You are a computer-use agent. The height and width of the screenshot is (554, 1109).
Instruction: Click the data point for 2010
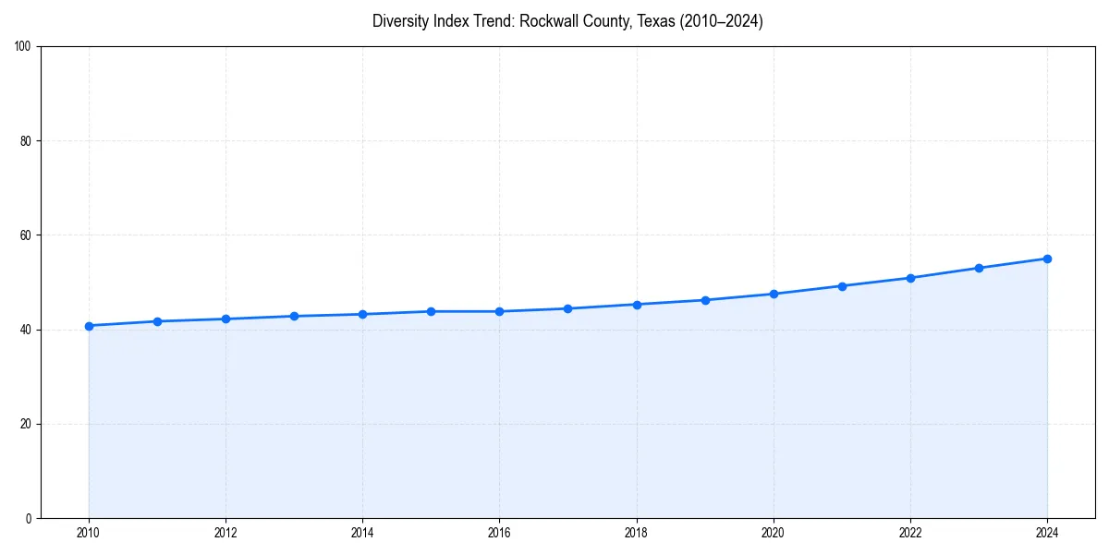pos(89,326)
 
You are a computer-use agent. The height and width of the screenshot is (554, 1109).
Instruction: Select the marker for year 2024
pos(1047,259)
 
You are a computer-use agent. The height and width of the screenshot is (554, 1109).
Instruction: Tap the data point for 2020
pos(774,294)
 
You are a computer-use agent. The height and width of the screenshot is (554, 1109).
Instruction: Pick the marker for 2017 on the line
pos(567,308)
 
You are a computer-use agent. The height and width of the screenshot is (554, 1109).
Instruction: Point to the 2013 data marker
pos(294,316)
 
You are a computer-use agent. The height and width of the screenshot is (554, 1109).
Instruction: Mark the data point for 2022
pos(910,278)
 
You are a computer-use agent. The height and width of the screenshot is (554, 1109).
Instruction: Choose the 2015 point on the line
pos(431,311)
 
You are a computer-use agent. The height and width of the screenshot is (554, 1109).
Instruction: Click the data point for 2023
pos(979,268)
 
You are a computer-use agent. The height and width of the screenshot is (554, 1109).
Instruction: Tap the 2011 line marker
pos(157,321)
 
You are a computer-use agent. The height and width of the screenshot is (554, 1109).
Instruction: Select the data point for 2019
pos(705,300)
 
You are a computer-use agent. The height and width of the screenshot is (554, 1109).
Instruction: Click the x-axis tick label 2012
pos(225,533)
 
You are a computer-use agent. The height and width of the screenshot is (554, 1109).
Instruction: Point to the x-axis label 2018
pos(636,533)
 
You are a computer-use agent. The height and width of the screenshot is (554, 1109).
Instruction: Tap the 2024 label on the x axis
pos(1047,533)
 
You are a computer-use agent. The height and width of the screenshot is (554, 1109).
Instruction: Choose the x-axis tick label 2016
pos(499,533)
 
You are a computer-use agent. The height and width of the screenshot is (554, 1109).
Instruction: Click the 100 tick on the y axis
pos(23,46)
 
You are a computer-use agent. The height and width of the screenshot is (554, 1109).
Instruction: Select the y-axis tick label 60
pos(26,235)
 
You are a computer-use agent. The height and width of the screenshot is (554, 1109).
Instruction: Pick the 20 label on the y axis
pos(26,424)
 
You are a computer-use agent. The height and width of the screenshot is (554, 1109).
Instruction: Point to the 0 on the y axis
pos(29,518)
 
